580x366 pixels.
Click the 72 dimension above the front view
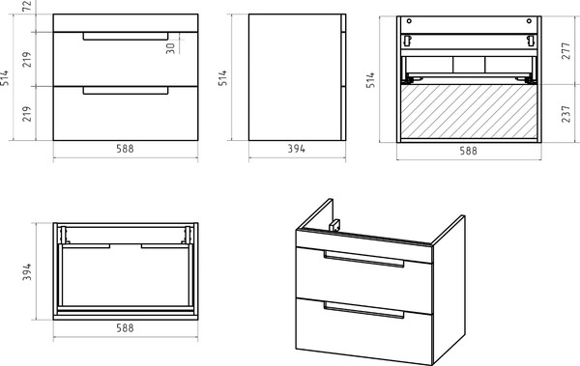[27, 6]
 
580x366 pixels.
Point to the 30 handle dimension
[170, 48]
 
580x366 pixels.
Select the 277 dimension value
[565, 51]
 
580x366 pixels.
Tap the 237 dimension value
[565, 114]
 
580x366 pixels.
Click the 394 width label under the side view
[297, 149]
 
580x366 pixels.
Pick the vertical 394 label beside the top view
[27, 271]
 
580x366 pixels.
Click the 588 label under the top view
[125, 328]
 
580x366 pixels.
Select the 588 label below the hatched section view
[468, 151]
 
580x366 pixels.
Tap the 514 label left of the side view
[222, 78]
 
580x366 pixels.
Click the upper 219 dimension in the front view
[27, 59]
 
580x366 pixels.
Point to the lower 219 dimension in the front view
[27, 114]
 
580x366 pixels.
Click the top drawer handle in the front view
[126, 37]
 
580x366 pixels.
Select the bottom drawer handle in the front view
[126, 91]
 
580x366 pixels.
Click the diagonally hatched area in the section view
[469, 111]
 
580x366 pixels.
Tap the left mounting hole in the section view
[409, 21]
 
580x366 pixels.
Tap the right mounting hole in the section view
[529, 21]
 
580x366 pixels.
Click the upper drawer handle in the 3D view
[364, 259]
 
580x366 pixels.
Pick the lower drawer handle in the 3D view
[364, 310]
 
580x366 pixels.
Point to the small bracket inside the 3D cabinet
[334, 225]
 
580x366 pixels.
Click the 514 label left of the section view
[370, 80]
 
